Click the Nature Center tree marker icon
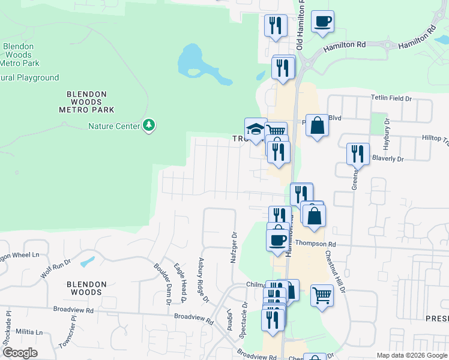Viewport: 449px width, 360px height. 149,125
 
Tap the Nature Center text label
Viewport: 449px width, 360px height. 113,126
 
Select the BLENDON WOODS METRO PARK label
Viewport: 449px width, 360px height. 86,102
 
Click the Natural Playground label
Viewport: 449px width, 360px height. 29,77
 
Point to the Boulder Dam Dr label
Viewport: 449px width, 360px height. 162,284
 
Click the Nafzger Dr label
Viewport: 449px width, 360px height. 235,250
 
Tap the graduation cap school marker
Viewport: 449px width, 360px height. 256,129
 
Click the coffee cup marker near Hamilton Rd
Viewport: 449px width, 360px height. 322,22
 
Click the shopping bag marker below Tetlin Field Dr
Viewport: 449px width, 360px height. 318,126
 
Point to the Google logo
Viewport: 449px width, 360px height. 20,353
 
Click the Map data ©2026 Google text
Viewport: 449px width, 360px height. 412,355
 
